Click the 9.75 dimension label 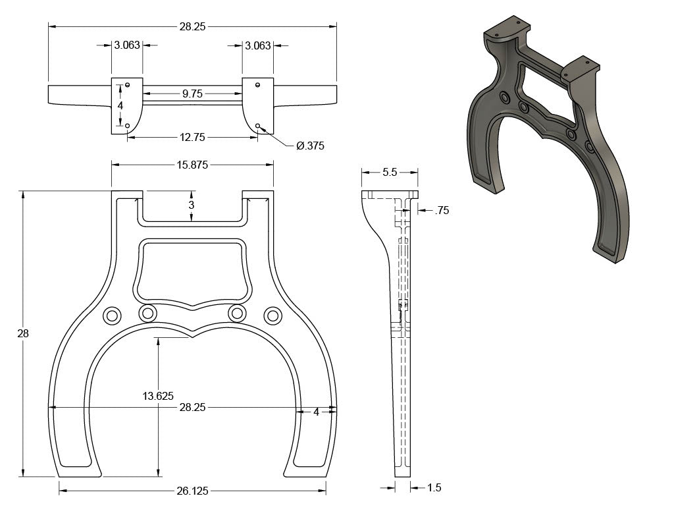192,94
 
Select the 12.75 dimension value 192,137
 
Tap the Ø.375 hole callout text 310,146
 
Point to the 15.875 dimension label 192,165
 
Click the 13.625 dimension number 158,396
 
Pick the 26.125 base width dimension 192,491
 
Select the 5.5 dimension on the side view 390,173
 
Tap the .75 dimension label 442,210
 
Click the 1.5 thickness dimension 434,487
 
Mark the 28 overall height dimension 23,333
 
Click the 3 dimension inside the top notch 192,205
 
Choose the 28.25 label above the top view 192,26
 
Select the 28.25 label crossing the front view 192,407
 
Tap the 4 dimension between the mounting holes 120,105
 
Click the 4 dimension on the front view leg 316,412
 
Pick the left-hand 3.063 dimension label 127,45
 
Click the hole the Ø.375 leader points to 257,126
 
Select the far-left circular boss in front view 112,315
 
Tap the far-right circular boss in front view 272,315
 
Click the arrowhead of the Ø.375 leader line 260,127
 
